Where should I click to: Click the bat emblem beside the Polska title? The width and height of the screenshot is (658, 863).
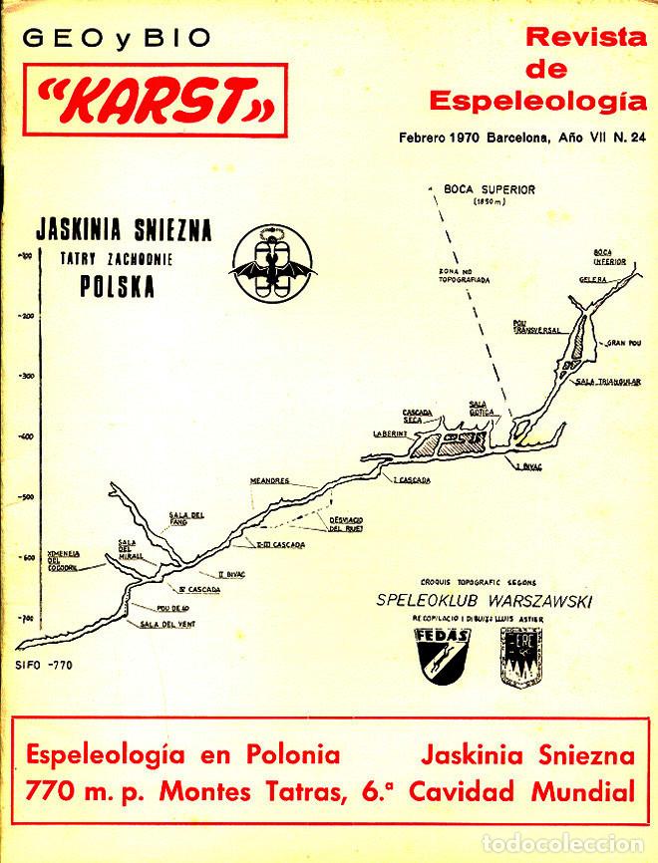[272, 262]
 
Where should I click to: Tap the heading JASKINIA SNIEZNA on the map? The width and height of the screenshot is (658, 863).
[123, 230]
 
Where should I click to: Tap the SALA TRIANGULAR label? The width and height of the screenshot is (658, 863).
[608, 381]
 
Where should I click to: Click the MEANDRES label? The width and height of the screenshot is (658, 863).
[270, 481]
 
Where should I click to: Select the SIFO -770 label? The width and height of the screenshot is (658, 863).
[45, 665]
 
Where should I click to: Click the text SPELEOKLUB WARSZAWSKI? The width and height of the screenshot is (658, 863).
[484, 601]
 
